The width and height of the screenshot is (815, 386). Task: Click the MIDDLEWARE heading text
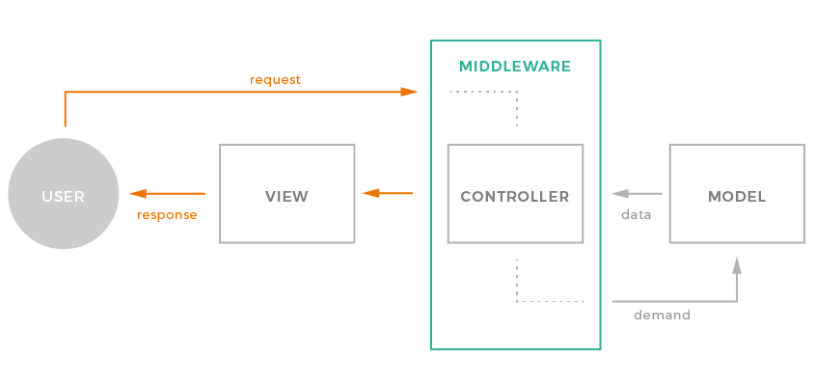tap(515, 67)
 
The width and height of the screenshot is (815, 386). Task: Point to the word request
tap(275, 79)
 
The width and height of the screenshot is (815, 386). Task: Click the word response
tap(167, 214)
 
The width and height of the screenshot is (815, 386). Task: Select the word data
tap(636, 214)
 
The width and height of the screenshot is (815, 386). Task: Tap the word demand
tap(662, 315)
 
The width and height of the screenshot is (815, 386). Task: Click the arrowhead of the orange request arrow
tap(410, 92)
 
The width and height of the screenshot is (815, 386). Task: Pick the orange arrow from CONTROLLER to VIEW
tap(387, 193)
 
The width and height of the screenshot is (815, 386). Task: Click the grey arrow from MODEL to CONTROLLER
tap(637, 193)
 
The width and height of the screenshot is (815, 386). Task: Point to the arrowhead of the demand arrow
tap(737, 264)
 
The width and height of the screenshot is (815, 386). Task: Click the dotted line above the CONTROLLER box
tap(517, 106)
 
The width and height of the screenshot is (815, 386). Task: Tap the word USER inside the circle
tap(63, 196)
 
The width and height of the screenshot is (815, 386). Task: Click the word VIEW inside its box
tap(286, 196)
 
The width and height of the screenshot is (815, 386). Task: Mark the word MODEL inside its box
tap(737, 196)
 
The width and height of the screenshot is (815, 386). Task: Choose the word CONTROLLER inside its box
tap(515, 196)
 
